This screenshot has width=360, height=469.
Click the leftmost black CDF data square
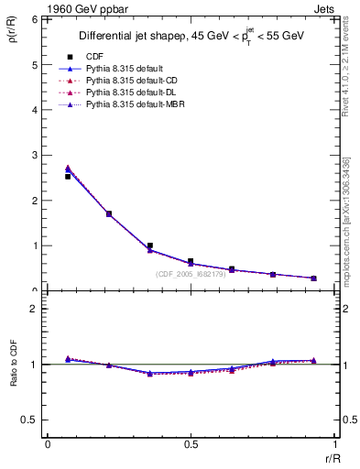pos(68,176)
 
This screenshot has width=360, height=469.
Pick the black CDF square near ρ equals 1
pos(149,245)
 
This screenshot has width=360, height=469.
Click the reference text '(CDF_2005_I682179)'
pos(194,274)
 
